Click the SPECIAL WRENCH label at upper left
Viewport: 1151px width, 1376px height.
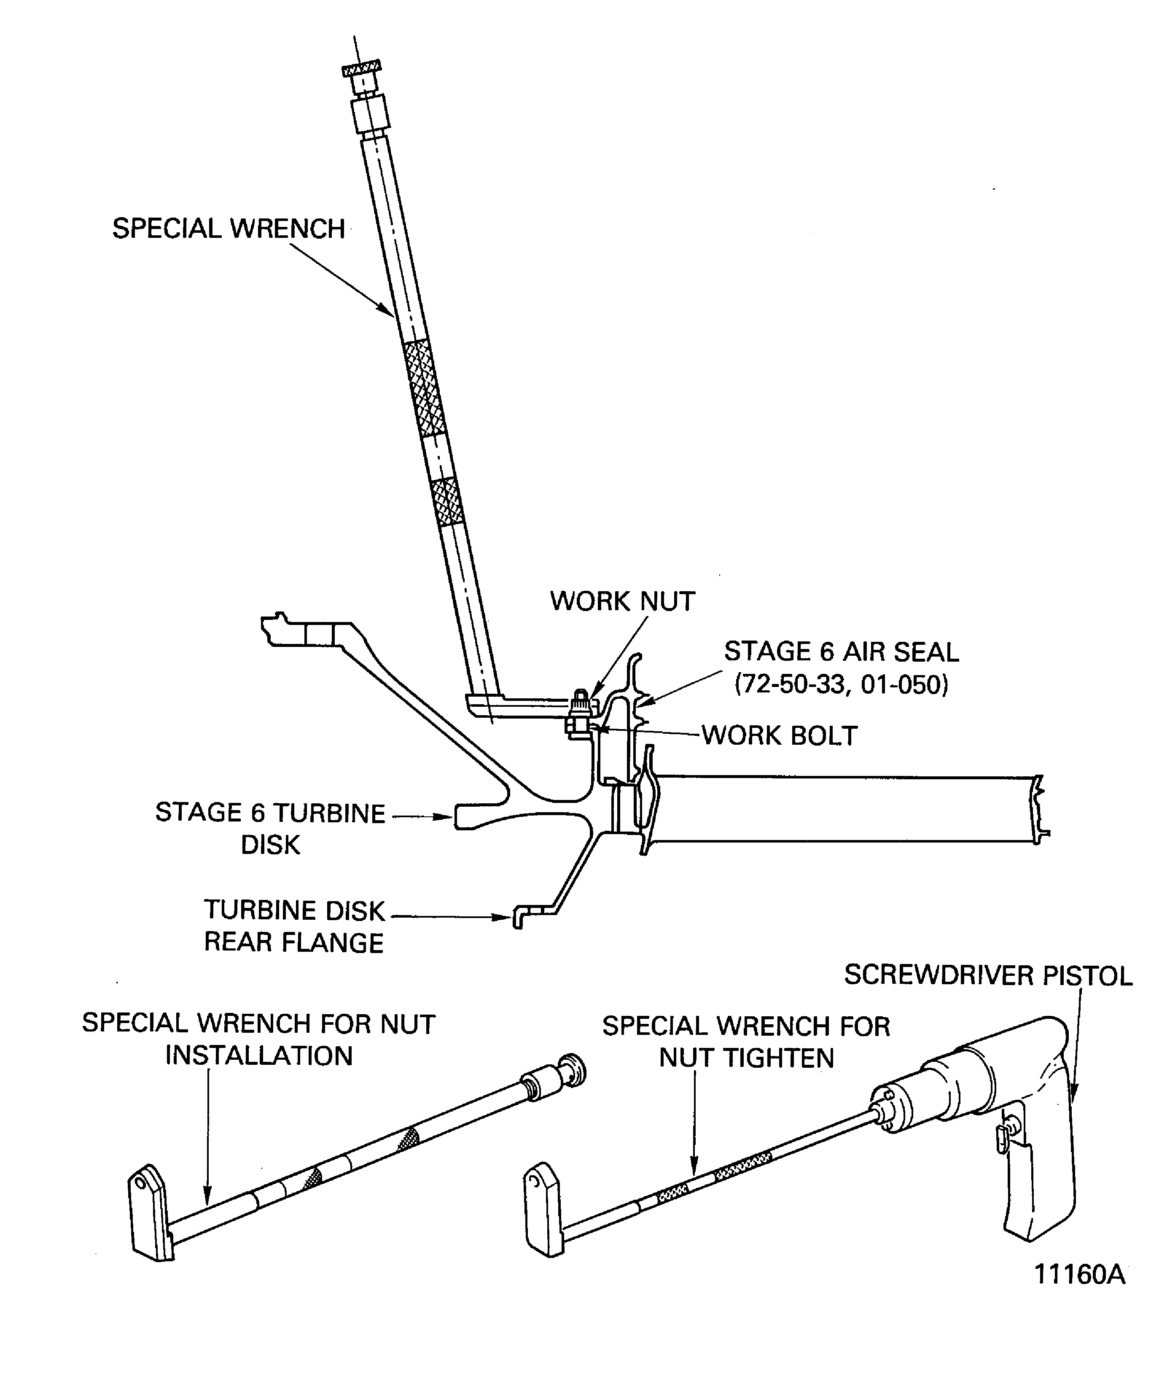[228, 229]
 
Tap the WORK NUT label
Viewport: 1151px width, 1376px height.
[622, 601]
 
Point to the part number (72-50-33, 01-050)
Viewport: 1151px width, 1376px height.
[841, 685]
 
